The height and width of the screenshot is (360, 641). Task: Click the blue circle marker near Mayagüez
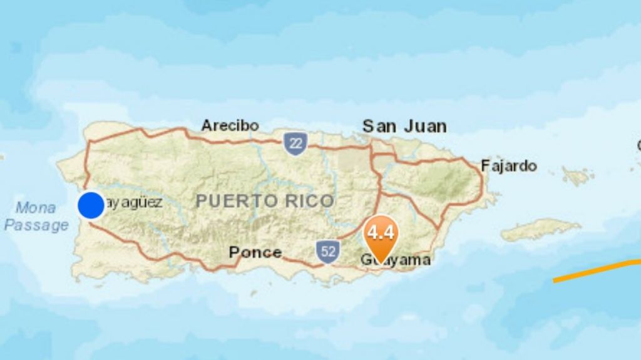click(91, 205)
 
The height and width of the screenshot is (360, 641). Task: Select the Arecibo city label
click(230, 125)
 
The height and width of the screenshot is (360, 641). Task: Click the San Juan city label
click(404, 126)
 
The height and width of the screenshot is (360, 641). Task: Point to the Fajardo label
click(509, 166)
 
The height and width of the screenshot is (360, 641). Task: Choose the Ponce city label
click(255, 252)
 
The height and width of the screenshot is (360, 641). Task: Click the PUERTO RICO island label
click(265, 201)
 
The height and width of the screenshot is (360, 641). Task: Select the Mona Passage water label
click(36, 216)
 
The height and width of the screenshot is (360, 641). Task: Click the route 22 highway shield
click(295, 143)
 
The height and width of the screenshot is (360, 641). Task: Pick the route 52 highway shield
click(327, 251)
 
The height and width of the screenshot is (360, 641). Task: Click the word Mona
click(36, 207)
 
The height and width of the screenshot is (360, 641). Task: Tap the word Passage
click(36, 225)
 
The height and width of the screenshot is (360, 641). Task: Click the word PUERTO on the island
click(235, 201)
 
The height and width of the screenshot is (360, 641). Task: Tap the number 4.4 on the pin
click(381, 233)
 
